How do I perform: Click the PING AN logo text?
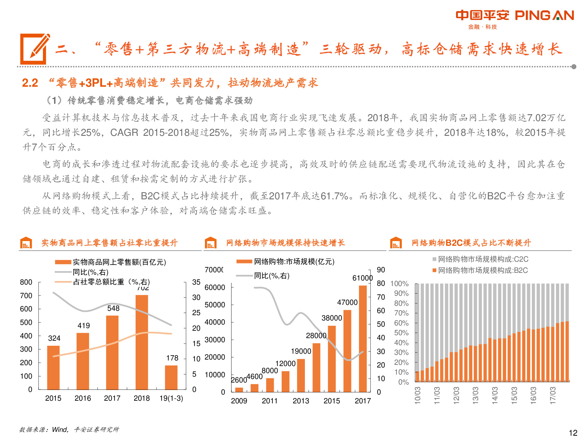[544, 16]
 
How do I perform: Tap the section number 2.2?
[30, 83]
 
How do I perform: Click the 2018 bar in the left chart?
[142, 342]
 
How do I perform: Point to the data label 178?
[172, 358]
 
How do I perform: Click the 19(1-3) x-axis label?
[171, 398]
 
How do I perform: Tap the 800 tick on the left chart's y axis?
[26, 282]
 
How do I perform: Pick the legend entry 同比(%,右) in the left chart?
[91, 272]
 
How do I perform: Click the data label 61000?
[362, 278]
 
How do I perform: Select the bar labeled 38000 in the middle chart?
[332, 359]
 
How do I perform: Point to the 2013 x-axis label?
[300, 401]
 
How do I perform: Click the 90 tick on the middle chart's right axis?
[381, 270]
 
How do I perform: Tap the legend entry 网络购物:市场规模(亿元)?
[294, 261]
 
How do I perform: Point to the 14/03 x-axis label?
[495, 395]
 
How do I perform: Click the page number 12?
[573, 433]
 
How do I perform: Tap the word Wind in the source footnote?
[59, 430]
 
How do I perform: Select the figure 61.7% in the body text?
[334, 196]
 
